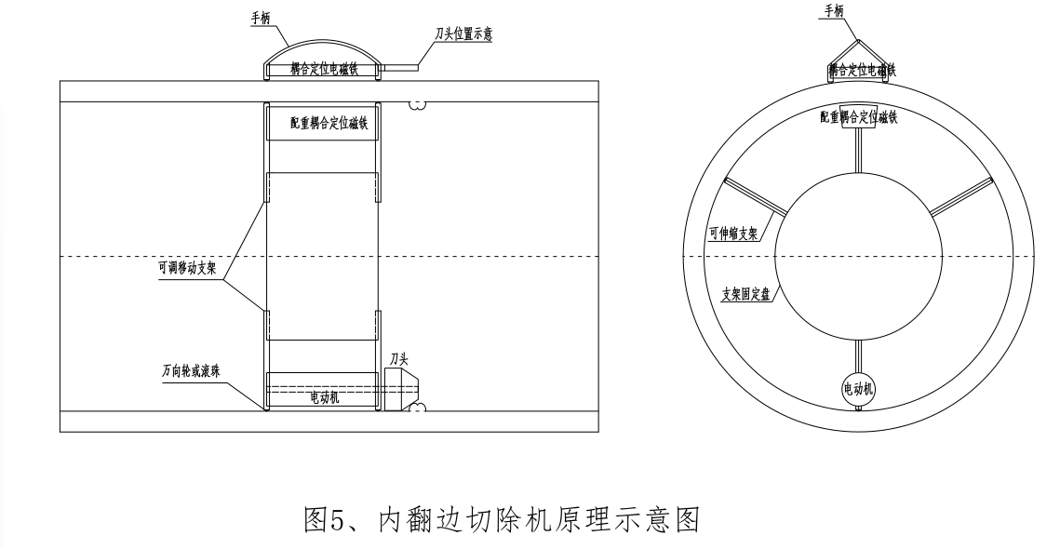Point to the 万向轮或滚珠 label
(188, 369)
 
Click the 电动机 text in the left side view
(323, 397)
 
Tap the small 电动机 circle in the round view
(857, 386)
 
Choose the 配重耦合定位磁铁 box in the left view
(322, 124)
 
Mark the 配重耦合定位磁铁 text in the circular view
(858, 117)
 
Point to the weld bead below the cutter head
(416, 408)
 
